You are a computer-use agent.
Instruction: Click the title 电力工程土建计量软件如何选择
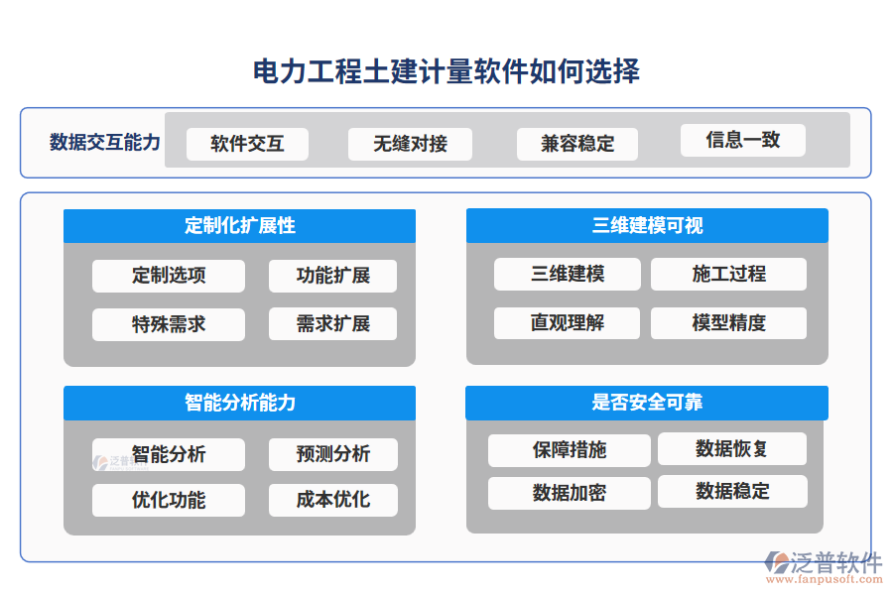tap(446, 71)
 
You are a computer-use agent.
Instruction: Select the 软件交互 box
tap(247, 144)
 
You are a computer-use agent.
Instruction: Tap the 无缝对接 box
tap(410, 144)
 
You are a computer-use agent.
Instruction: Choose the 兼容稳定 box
tap(576, 144)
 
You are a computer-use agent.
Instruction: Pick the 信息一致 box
tap(742, 140)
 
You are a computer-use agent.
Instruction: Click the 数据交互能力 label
tap(105, 142)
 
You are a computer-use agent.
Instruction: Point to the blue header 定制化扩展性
tap(239, 226)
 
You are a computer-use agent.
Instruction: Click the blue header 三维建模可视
tap(647, 226)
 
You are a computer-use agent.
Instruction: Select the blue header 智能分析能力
tap(239, 403)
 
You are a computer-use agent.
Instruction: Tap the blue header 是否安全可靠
tap(647, 403)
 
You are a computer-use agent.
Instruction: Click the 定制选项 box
tap(169, 276)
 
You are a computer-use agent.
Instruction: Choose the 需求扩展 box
tap(332, 324)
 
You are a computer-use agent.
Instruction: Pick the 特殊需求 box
tap(169, 324)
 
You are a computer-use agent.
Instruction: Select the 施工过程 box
tap(728, 274)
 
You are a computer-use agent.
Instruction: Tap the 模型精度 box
tap(728, 323)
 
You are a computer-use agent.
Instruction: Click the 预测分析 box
tap(332, 454)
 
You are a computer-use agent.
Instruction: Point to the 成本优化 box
tap(332, 500)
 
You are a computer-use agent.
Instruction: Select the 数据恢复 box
tap(732, 449)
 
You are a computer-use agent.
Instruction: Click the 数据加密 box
tap(569, 493)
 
